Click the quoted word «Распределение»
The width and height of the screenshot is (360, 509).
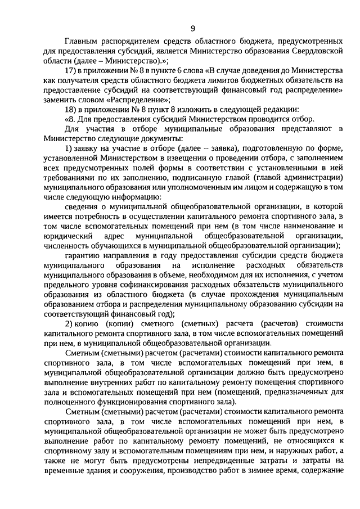[x=129, y=100]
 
